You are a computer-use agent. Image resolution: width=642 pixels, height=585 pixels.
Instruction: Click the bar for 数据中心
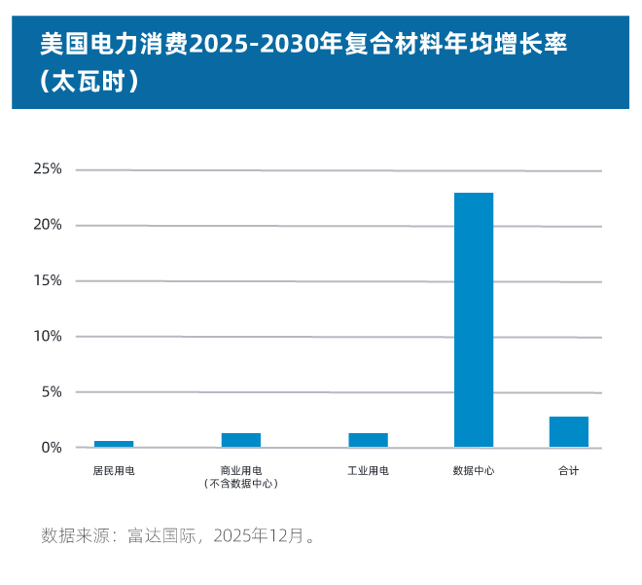point(474,319)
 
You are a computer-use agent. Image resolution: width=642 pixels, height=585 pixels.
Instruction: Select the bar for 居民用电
point(114,444)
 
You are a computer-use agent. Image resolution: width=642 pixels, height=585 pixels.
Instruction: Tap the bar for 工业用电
point(368,440)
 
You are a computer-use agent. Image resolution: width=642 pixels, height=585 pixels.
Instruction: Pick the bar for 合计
point(569,432)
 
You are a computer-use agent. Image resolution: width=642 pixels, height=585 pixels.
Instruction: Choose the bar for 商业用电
point(241,440)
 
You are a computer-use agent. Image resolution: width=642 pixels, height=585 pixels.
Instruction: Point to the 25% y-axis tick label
point(48,169)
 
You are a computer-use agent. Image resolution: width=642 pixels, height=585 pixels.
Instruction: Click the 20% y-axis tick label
point(48,225)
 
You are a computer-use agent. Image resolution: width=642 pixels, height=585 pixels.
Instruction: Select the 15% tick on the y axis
point(48,280)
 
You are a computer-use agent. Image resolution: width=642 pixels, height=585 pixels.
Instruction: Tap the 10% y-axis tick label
point(48,336)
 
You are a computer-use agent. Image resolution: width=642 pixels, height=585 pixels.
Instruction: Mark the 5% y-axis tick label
point(51,391)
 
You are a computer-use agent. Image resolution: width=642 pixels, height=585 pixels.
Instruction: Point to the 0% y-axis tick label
point(51,448)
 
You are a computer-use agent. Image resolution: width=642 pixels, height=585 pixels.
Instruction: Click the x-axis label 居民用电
point(114,470)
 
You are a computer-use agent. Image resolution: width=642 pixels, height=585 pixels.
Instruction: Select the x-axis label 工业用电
point(368,470)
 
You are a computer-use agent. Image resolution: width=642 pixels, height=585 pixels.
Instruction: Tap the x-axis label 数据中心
point(474,470)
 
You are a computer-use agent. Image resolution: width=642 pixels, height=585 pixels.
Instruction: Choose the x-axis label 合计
point(569,470)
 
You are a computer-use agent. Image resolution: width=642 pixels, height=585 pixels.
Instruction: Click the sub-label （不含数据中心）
point(241,483)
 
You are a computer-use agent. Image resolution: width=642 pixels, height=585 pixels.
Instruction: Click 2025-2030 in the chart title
point(249,45)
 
